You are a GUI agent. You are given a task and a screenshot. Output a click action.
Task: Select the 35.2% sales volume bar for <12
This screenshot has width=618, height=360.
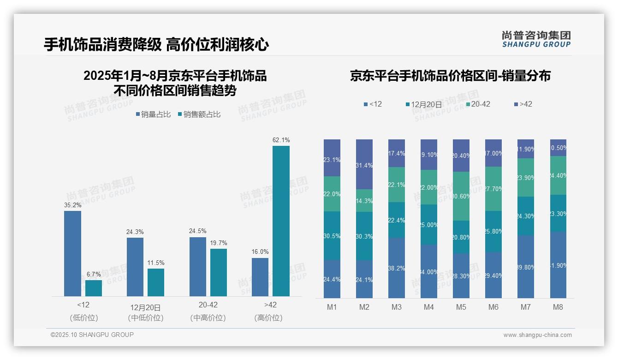tap(72, 253)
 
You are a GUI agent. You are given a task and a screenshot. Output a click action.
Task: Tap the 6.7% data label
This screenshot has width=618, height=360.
tap(94, 274)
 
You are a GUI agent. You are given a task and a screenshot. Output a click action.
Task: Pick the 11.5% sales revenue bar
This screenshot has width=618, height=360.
tap(156, 282)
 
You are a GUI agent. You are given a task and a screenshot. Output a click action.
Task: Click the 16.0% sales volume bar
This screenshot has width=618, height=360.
tap(260, 277)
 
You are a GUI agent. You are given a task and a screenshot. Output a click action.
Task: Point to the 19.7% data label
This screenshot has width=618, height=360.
tap(219, 243)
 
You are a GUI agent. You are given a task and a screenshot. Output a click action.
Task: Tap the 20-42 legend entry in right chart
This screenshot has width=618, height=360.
tap(477, 104)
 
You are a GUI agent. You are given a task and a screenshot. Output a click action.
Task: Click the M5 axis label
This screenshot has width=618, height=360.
tap(461, 307)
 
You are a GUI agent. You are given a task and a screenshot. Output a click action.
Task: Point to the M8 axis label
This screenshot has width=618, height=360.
tap(558, 307)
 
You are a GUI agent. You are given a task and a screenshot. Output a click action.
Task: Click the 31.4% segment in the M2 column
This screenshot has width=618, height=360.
tap(364, 164)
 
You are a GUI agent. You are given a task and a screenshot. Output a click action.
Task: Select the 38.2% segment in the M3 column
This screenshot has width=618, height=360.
tap(397, 268)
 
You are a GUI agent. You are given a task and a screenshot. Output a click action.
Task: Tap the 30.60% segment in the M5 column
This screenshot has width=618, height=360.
tap(461, 196)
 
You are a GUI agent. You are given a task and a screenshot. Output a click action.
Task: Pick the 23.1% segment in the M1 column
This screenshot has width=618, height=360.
tap(332, 158)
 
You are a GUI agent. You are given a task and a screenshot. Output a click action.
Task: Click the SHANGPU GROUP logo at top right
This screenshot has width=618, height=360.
tap(536, 39)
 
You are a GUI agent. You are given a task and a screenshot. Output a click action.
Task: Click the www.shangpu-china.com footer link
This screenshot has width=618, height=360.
tap(537, 335)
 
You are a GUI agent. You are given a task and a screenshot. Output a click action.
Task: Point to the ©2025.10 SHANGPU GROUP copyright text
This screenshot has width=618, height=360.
tap(92, 335)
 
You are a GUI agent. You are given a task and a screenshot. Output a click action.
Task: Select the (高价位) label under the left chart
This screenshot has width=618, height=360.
tap(268, 318)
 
